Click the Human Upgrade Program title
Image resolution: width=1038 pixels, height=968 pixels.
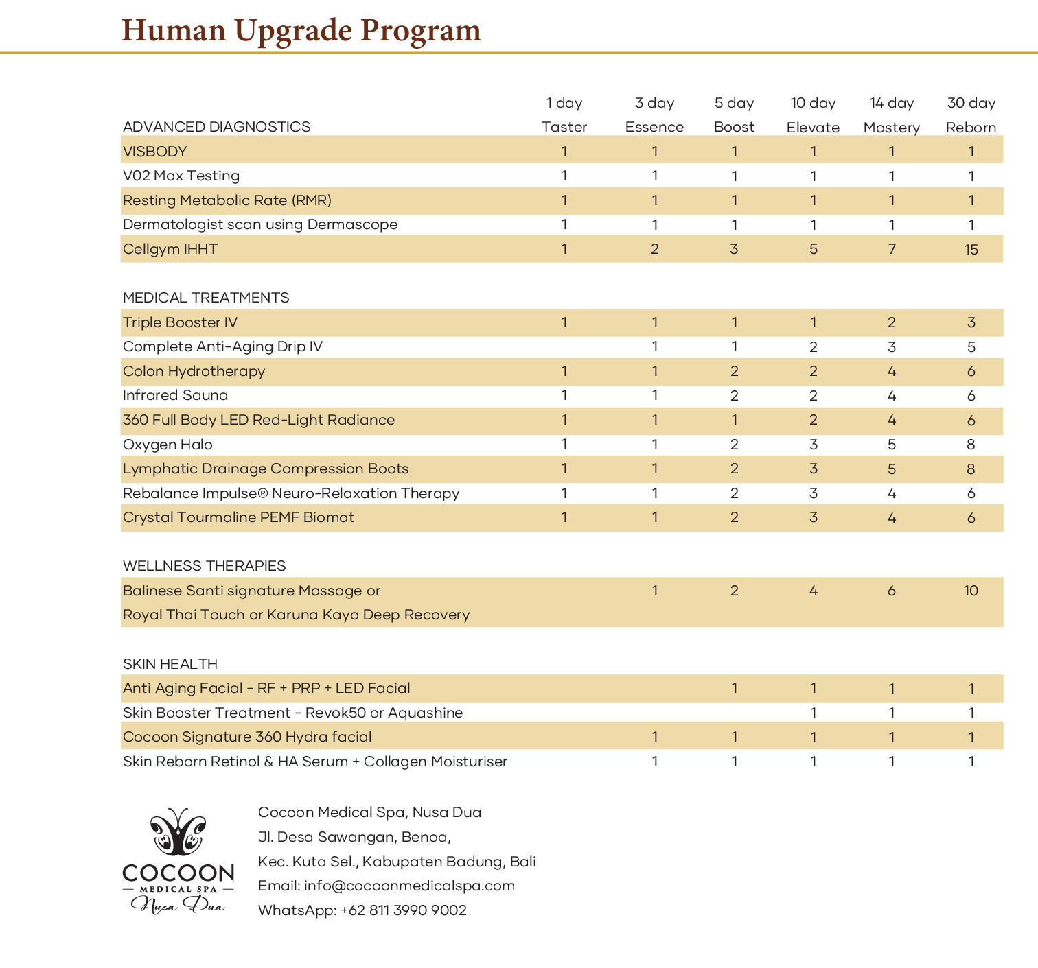click(x=301, y=30)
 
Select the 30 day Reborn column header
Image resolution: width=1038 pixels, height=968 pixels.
click(x=971, y=115)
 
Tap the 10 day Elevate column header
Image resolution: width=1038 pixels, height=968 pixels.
click(x=813, y=115)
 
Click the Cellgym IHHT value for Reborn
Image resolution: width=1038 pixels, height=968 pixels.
click(x=971, y=250)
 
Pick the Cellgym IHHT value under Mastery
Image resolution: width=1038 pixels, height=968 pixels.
click(x=892, y=249)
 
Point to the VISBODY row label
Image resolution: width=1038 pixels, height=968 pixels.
click(x=155, y=152)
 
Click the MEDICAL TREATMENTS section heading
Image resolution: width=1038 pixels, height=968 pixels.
click(x=206, y=298)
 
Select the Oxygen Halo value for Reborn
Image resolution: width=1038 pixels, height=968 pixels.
click(x=971, y=445)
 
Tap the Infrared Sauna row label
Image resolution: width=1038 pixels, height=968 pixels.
click(x=175, y=395)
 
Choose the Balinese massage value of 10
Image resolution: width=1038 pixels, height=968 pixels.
click(x=971, y=591)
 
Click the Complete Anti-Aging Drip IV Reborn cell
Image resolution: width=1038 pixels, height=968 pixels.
click(x=971, y=347)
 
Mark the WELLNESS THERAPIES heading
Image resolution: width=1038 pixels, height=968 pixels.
click(x=204, y=566)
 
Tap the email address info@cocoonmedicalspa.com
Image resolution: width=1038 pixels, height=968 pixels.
click(x=409, y=886)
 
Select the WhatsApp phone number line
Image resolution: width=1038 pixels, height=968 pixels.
click(x=362, y=910)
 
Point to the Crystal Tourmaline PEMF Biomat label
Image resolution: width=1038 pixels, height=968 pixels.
click(x=238, y=517)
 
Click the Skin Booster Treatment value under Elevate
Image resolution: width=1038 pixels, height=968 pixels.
click(x=814, y=713)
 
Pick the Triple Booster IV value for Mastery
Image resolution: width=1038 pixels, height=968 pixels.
click(x=892, y=322)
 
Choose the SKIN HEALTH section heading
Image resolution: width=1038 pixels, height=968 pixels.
click(x=170, y=664)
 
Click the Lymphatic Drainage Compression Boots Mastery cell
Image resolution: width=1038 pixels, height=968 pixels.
click(x=892, y=469)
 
